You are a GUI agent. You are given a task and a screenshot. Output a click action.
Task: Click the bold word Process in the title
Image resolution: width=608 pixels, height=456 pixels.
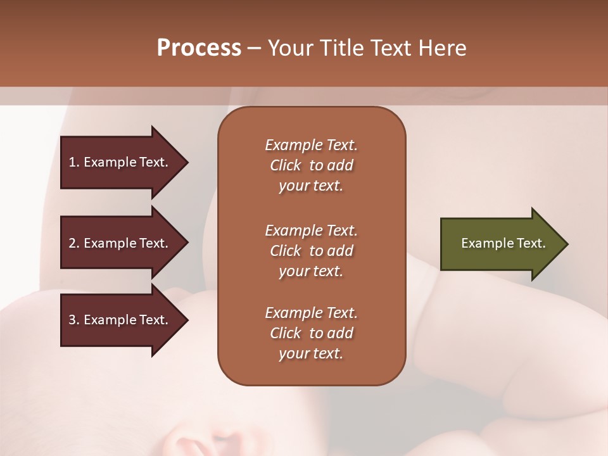tap(199, 48)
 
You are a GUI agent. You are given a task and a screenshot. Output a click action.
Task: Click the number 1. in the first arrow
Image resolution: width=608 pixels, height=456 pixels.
tap(74, 162)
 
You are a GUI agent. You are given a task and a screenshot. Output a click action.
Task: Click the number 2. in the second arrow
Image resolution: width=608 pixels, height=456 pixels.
tap(74, 243)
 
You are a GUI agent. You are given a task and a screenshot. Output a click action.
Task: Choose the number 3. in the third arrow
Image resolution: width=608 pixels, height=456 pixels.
tap(74, 320)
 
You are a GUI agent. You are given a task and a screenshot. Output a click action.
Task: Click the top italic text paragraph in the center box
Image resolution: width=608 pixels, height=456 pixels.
tap(311, 165)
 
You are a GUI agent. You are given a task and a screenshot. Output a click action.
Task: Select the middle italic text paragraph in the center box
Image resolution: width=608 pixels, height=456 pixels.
tap(311, 251)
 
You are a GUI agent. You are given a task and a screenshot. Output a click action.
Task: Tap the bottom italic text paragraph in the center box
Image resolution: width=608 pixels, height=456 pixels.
tap(311, 333)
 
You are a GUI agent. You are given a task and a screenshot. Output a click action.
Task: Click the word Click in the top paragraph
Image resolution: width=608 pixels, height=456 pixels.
tap(285, 165)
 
